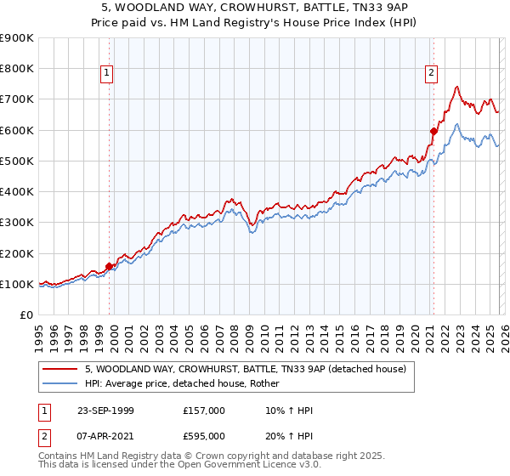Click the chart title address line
[x=254, y=7]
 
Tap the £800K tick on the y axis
[x=17, y=69]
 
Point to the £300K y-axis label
[x=17, y=223]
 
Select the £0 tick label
[x=25, y=315]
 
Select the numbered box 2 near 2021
[x=432, y=74]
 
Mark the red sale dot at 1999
[x=110, y=266]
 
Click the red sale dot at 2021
[x=433, y=131]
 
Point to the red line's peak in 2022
[x=457, y=87]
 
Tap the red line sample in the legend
[x=61, y=369]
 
